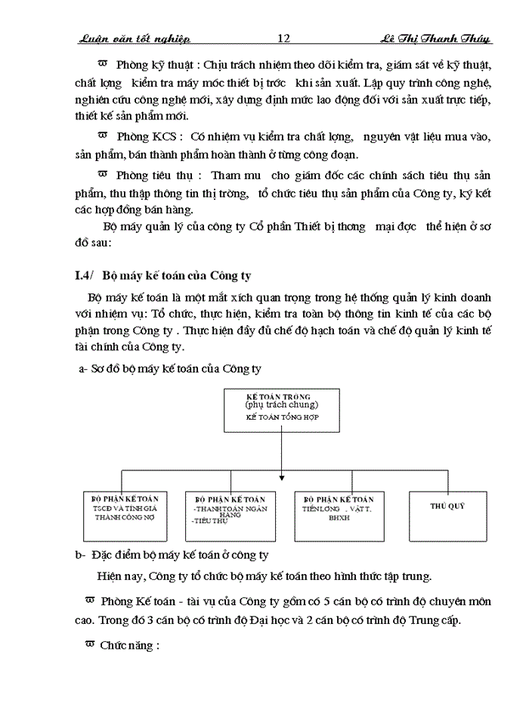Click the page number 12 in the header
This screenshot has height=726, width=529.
pos(284,39)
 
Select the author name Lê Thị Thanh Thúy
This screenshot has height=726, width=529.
pos(435,39)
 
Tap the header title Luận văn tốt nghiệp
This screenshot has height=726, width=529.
pos(134,39)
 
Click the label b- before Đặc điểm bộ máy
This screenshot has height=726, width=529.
pos(79,555)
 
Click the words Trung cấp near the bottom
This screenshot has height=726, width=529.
pos(425,621)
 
